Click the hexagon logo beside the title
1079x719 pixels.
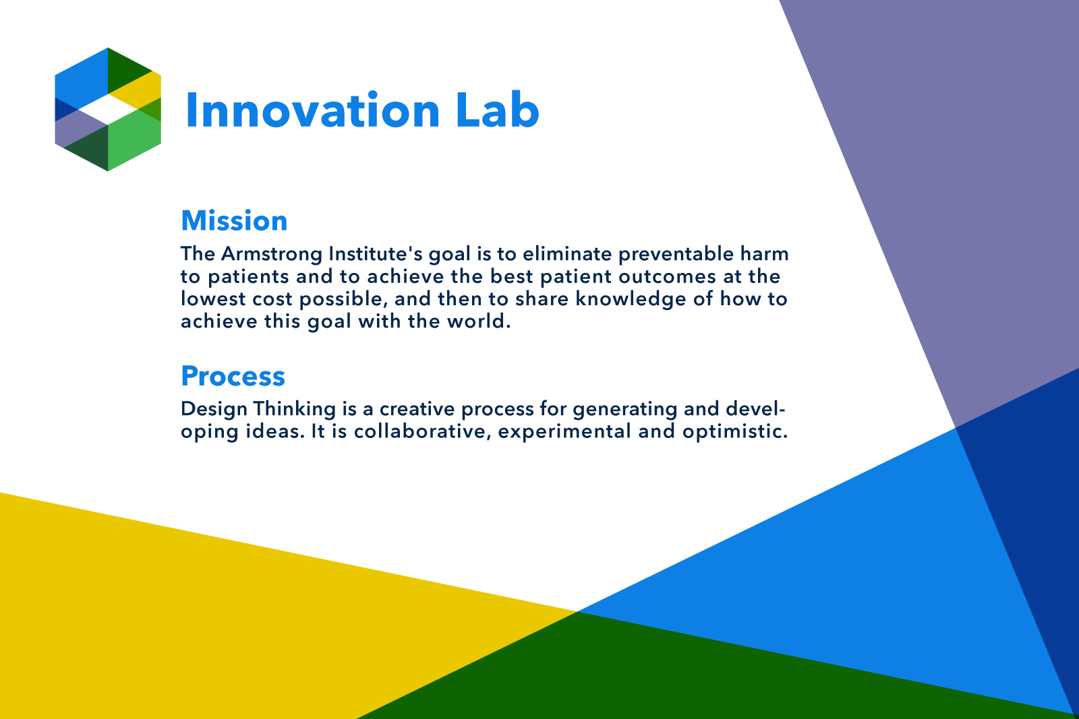(108, 109)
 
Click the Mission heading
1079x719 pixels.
(234, 221)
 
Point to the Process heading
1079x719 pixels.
(233, 376)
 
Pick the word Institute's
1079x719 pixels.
(375, 253)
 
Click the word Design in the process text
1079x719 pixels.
(214, 410)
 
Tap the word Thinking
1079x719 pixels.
(295, 410)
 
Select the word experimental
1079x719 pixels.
(564, 432)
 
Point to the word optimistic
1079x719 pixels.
(735, 432)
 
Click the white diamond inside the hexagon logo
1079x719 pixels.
(108, 109)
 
